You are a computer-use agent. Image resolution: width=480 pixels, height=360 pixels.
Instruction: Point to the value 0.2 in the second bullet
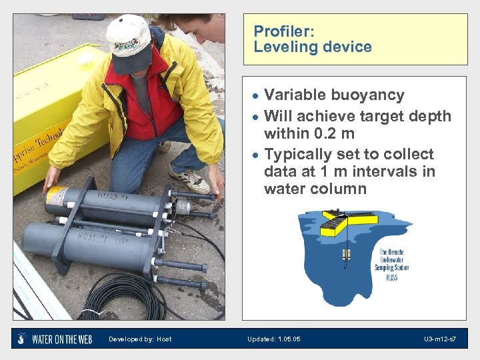tap(323, 133)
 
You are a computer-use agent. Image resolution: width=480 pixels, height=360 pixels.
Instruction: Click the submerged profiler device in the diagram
tap(346, 256)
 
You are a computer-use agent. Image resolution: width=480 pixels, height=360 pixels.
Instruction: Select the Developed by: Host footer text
tap(140, 339)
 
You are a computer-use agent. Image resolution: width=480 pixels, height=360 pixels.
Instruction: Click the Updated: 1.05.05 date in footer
tap(273, 339)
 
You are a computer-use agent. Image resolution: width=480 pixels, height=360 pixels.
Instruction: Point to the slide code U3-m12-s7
tap(440, 339)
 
